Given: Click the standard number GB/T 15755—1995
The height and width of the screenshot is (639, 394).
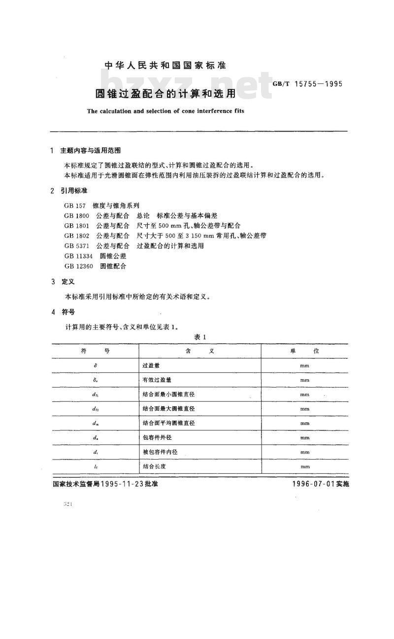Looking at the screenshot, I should pos(307,84).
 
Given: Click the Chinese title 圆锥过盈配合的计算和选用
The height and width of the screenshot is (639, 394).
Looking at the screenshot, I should pos(165,93).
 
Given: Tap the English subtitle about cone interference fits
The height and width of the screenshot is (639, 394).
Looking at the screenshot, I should pos(165,111).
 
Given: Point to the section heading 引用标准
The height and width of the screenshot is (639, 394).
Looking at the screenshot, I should pos(74,190).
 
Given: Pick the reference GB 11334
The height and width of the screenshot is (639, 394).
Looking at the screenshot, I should pos(79,256).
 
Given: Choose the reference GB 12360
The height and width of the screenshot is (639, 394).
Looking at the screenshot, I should pos(79,266).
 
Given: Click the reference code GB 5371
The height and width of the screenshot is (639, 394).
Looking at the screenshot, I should pos(77,246).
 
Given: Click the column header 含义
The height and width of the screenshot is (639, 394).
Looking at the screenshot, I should pos(199,351).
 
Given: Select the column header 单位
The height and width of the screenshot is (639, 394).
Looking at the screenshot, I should pos(304,351).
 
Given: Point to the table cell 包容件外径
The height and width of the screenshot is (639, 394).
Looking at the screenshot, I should pos(158,437).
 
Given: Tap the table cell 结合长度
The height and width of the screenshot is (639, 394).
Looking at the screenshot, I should pos(154,466).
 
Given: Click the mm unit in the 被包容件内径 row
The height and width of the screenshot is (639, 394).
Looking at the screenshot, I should pos(304,452).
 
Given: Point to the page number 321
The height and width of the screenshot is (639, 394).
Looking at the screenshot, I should pos(68,504).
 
